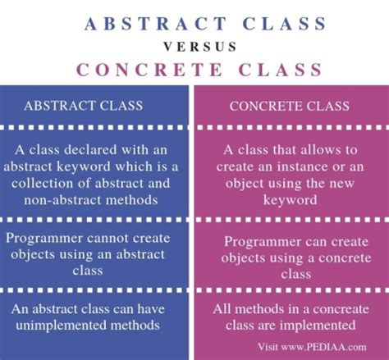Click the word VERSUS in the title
194,46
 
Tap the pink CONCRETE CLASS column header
290,106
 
